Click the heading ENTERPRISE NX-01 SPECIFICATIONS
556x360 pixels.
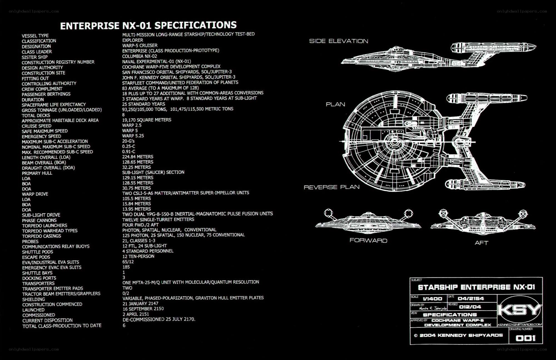click(148, 25)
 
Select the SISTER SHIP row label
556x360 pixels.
click(35, 57)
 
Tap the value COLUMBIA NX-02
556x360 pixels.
click(140, 56)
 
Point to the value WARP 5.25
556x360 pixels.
click(133, 136)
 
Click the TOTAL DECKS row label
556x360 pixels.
click(36, 115)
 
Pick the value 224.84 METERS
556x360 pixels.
click(138, 157)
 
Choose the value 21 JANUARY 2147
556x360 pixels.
click(140, 304)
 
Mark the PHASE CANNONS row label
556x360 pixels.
click(39, 220)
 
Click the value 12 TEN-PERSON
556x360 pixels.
click(138, 256)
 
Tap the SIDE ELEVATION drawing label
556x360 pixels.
click(339, 41)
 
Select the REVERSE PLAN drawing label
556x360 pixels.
click(332, 187)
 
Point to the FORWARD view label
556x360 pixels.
click(368, 240)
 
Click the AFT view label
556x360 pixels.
click(481, 243)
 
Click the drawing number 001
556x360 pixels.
click(525, 338)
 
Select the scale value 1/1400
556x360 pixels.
click(432, 299)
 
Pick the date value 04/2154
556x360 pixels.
click(471, 299)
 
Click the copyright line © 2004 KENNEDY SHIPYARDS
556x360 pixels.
click(458, 335)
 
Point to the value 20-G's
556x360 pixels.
click(128, 141)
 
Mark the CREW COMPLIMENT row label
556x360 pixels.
click(42, 89)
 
